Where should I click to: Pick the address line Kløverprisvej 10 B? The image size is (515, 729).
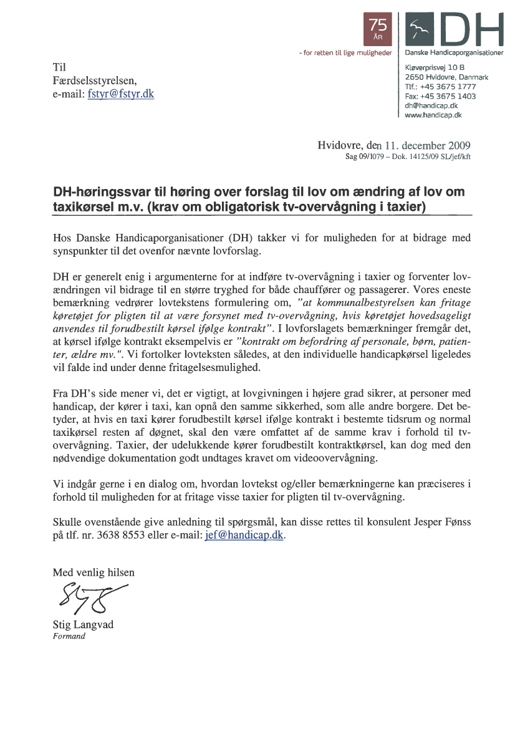pos(436,67)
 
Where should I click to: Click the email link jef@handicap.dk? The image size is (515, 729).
pos(244,536)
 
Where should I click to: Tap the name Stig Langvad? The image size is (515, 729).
pos(83,625)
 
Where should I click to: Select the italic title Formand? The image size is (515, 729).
pos(69,637)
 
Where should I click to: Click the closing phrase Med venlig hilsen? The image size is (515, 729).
pos(94,572)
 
